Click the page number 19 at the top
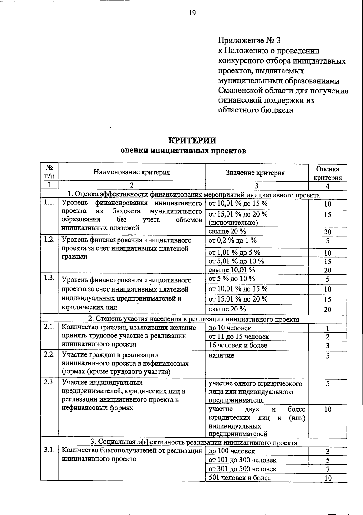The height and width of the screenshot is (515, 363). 192,12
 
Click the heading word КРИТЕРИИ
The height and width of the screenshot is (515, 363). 192,141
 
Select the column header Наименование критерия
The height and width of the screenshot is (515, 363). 132,172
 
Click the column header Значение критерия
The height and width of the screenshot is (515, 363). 255,173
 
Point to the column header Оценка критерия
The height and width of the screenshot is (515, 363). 328,173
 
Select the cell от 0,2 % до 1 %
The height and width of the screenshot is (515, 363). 233,240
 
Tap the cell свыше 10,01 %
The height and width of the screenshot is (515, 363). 232,269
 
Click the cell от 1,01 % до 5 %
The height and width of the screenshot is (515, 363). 234,253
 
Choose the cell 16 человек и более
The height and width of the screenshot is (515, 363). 238,345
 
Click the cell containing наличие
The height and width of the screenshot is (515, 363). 221,356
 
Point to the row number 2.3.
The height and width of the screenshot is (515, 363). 49,382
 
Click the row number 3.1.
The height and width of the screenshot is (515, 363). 49,450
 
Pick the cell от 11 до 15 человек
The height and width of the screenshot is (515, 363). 239,337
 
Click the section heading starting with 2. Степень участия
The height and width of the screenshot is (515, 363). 194,319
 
